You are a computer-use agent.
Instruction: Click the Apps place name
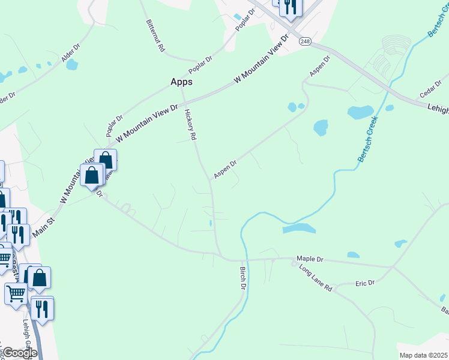(x=181, y=82)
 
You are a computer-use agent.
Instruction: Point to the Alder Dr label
(x=71, y=53)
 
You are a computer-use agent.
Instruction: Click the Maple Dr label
(x=310, y=259)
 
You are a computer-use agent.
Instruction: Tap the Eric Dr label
(x=364, y=283)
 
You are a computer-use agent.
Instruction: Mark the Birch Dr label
(x=244, y=279)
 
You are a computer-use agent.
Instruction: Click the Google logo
(x=19, y=353)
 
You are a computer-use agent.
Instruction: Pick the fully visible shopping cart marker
(x=15, y=293)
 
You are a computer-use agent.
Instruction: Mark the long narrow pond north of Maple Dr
(x=299, y=229)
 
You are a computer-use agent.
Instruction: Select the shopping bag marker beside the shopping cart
(x=40, y=277)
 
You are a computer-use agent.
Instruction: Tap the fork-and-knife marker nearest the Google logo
(x=41, y=308)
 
